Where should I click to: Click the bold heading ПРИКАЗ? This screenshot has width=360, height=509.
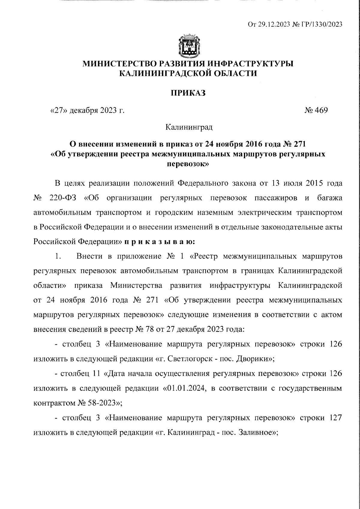click(x=188, y=93)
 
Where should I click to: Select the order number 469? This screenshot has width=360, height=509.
click(x=321, y=110)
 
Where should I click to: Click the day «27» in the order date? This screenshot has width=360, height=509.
click(x=58, y=110)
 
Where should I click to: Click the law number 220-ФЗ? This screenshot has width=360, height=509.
click(x=63, y=198)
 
